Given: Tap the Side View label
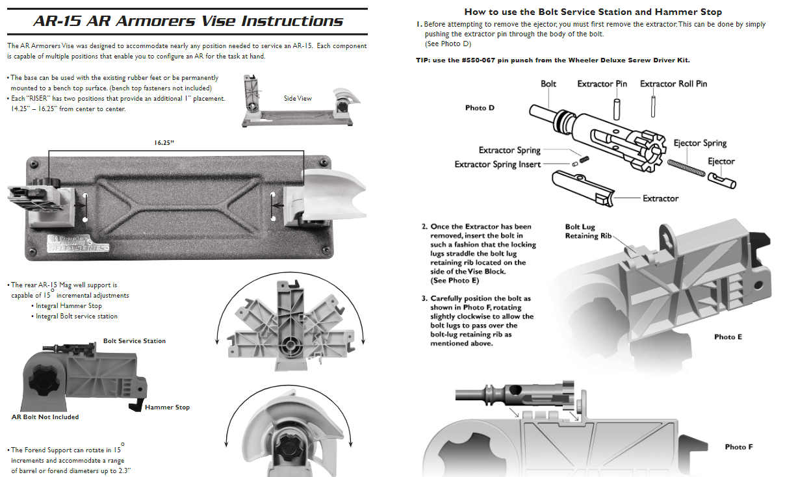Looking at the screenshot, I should (298, 98).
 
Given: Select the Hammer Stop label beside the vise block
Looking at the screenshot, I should (167, 407).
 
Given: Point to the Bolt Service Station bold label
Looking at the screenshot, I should (135, 341).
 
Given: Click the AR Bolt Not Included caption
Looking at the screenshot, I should (45, 417).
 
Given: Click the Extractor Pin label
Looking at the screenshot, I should (602, 84).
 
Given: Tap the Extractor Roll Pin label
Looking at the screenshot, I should (673, 84).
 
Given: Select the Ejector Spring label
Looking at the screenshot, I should (700, 143).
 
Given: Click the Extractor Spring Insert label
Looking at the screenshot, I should (498, 164).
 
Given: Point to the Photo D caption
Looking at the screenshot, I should (480, 108).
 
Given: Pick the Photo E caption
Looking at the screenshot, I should (728, 337).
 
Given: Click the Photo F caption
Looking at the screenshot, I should (739, 447).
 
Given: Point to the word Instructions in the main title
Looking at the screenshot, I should (292, 21).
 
